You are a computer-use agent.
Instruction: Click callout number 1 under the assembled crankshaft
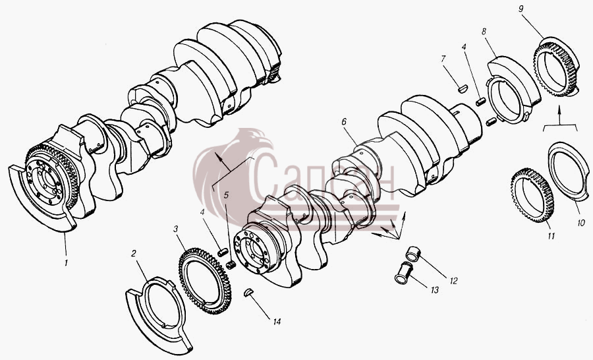66,262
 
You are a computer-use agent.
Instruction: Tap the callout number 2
134,253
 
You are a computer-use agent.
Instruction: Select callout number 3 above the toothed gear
175,229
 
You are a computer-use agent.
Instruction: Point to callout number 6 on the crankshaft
344,121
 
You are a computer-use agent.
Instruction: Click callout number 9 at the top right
521,9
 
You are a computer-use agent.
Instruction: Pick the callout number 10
581,223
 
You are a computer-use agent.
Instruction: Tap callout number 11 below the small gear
551,236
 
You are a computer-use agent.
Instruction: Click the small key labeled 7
463,89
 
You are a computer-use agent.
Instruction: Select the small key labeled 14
248,292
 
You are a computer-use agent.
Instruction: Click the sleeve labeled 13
403,273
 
